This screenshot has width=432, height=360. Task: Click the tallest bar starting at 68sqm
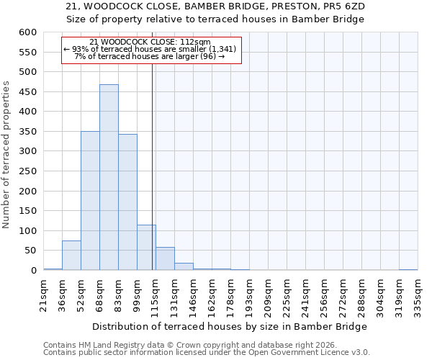tap(109, 177)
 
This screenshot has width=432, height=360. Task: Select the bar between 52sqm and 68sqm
tap(90, 201)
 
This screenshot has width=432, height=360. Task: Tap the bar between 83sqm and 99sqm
tap(127, 202)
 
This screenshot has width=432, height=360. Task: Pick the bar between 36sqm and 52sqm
tap(71, 256)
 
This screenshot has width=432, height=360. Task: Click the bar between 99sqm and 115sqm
tap(146, 248)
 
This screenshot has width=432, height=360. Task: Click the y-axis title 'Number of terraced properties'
tap(7, 155)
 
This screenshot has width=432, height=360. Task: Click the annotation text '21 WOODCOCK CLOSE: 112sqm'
tap(150, 42)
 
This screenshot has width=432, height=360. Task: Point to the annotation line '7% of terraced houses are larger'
tap(150, 56)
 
